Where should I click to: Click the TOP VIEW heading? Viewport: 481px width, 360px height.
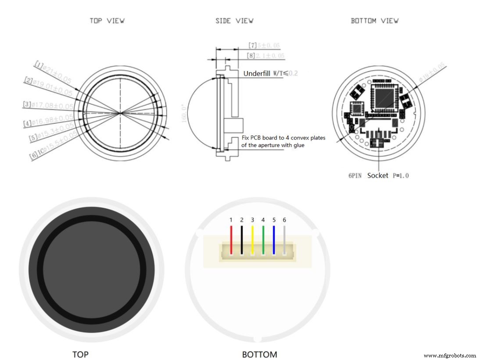click(107, 21)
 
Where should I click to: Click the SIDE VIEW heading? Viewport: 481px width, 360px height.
click(234, 21)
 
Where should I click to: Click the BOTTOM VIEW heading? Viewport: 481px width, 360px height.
click(374, 21)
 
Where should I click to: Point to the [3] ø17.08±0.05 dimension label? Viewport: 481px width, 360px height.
click(48, 105)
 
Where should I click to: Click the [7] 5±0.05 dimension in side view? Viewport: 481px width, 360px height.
click(264, 45)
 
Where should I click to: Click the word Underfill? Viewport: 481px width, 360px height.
click(257, 73)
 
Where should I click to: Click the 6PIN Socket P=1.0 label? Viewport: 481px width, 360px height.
click(379, 175)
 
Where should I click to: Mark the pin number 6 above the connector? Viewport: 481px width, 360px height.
click(284, 220)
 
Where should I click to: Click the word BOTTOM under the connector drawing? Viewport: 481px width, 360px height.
click(259, 354)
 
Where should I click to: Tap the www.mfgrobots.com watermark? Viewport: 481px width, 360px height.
click(450, 356)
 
